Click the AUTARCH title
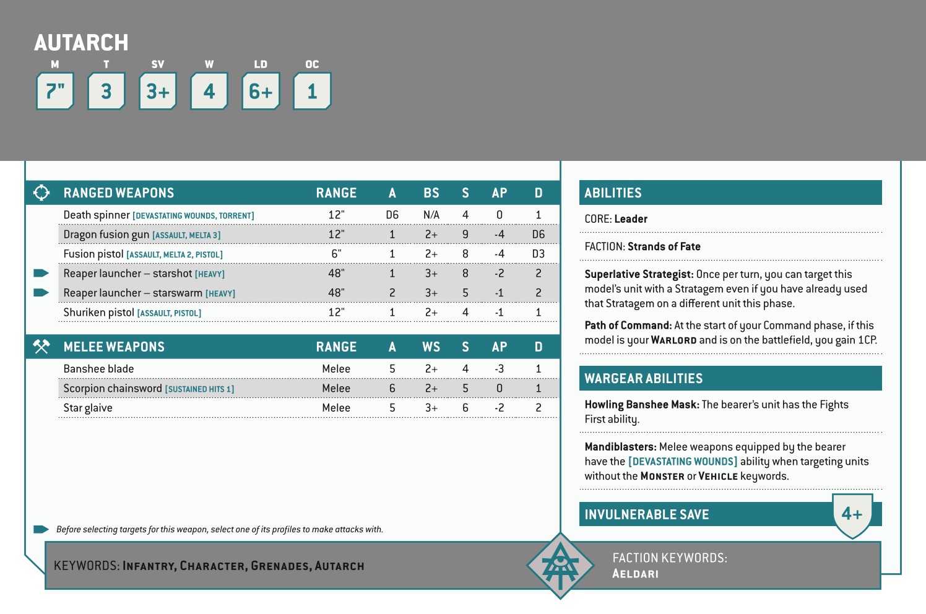pyautogui.click(x=81, y=43)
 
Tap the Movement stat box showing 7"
pyautogui.click(x=55, y=92)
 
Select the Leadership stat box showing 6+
pyautogui.click(x=261, y=92)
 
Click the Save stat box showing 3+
pyautogui.click(x=158, y=92)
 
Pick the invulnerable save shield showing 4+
pyautogui.click(x=852, y=514)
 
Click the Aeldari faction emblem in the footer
pyautogui.click(x=560, y=566)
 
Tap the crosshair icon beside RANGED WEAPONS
pyautogui.click(x=41, y=192)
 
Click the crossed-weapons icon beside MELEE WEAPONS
pyautogui.click(x=41, y=347)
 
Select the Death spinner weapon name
pyautogui.click(x=97, y=215)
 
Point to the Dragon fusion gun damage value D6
pyautogui.click(x=538, y=235)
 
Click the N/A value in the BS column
pyautogui.click(x=431, y=215)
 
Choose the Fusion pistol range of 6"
pyautogui.click(x=336, y=254)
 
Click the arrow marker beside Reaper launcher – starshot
pyautogui.click(x=41, y=273)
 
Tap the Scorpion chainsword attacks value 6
pyautogui.click(x=392, y=388)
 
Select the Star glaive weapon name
pyautogui.click(x=88, y=408)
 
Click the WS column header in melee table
pyautogui.click(x=431, y=347)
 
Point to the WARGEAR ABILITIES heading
pyautogui.click(x=644, y=378)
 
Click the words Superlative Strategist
pyautogui.click(x=639, y=274)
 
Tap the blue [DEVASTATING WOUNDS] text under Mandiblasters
pyautogui.click(x=683, y=461)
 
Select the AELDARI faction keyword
pyautogui.click(x=635, y=574)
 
